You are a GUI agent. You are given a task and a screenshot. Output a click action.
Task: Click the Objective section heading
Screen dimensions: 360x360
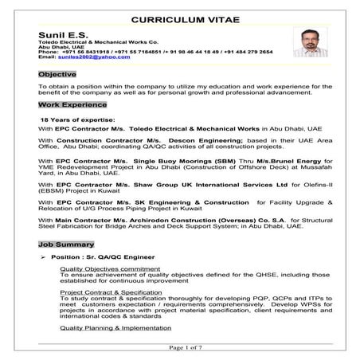[x=57, y=74]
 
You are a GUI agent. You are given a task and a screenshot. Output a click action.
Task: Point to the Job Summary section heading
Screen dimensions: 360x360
[x=66, y=244]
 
